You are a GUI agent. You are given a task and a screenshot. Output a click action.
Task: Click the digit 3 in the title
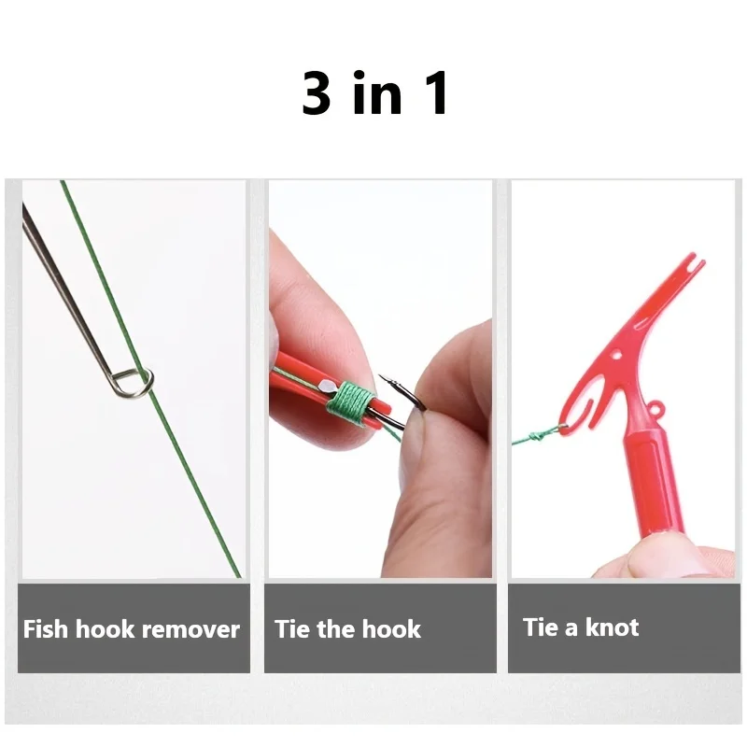[317, 94]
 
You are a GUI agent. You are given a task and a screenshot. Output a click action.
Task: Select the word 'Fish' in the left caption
[46, 628]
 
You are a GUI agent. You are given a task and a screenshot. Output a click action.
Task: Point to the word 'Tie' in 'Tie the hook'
[292, 628]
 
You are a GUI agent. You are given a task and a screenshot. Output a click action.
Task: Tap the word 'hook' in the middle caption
[391, 628]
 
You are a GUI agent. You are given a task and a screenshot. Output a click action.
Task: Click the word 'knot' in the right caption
[612, 627]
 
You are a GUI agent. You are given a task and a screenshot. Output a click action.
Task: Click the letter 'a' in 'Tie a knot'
[571, 627]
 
